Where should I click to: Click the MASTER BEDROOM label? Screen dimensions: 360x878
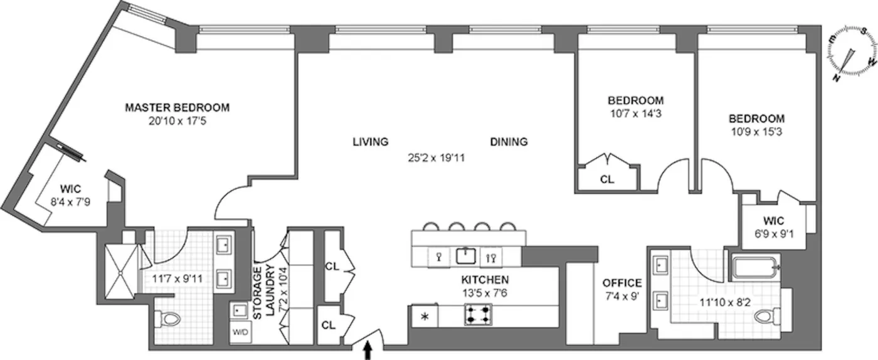[177, 107]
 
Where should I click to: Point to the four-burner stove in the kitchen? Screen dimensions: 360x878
[478, 315]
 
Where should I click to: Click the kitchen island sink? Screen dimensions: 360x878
[465, 255]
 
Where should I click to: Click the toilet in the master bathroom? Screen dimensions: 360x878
[167, 318]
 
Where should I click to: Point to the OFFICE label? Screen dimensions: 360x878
[622, 283]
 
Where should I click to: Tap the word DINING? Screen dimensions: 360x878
[509, 142]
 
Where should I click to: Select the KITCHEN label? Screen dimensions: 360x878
[484, 280]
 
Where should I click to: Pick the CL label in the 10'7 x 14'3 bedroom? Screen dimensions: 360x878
[606, 179]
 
